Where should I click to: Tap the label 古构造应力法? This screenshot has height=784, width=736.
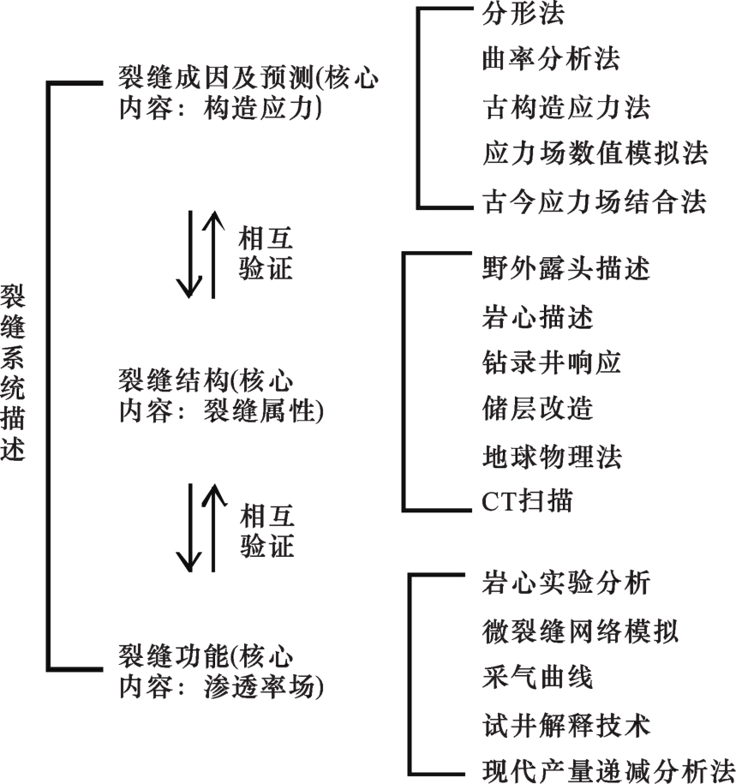[x=565, y=107]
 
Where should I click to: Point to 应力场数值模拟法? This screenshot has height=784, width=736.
[x=595, y=154]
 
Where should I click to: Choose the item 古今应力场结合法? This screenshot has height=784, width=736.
[x=595, y=202]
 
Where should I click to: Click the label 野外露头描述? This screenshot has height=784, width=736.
[x=565, y=269]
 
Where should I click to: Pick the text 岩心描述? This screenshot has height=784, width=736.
[x=537, y=316]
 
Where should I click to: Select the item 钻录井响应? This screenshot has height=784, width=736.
[x=551, y=362]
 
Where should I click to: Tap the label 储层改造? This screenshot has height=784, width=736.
[x=537, y=409]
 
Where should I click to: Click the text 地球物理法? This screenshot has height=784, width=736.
[x=551, y=455]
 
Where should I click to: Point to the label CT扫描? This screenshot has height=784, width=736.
[x=527, y=502]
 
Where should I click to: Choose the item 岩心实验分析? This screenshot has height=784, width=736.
[x=565, y=584]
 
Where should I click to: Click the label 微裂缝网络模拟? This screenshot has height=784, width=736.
[x=580, y=631]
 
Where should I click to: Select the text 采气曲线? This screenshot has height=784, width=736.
[x=537, y=678]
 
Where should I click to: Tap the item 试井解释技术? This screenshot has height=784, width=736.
[x=565, y=726]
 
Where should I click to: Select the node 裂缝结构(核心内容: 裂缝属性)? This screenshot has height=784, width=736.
[x=221, y=395]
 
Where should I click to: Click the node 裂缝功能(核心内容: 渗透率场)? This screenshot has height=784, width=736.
[x=221, y=671]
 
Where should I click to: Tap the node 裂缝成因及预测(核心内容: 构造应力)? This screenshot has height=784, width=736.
[x=247, y=93]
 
